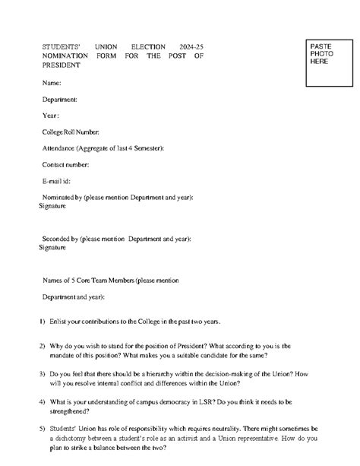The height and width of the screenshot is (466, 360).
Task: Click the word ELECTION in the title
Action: [x=149, y=47]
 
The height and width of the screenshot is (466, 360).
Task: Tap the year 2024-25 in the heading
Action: [x=191, y=47]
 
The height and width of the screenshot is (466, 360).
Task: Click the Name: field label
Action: [x=52, y=82]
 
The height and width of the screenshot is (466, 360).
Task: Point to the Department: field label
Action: [x=60, y=99]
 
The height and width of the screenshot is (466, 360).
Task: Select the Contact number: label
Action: [x=66, y=164]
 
